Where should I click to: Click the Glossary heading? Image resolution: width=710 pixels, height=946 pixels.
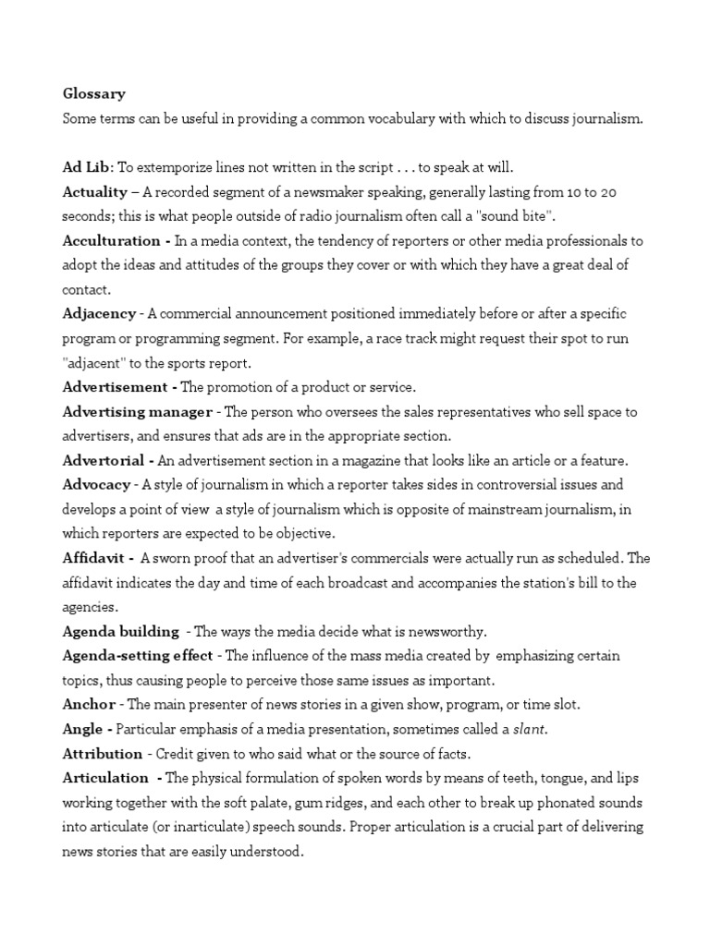[x=93, y=94]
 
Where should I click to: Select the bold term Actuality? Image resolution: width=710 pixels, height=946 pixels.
[x=94, y=192]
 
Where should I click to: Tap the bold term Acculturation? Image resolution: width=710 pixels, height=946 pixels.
[x=111, y=240]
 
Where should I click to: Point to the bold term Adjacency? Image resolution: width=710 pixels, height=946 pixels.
[x=99, y=314]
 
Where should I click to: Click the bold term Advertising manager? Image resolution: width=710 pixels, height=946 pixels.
[x=138, y=411]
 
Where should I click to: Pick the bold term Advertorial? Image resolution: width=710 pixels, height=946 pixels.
[x=103, y=460]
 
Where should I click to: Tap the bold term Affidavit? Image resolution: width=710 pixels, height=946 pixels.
[x=95, y=558]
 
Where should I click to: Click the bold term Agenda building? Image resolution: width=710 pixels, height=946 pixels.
[x=120, y=631]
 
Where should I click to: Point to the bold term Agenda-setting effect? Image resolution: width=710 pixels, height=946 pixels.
[x=138, y=656]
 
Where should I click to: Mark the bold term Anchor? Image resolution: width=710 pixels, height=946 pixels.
[x=88, y=704]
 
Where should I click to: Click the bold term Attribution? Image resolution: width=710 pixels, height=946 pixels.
[x=103, y=754]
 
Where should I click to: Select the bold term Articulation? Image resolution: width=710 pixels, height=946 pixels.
[x=105, y=778]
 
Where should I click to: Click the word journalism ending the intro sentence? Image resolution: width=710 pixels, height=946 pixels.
[x=605, y=118]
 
